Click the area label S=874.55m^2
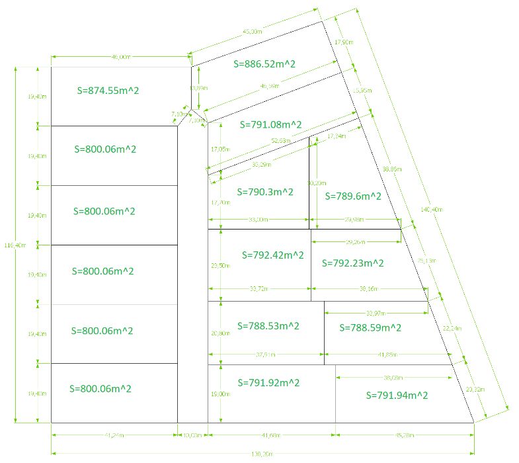[108, 90]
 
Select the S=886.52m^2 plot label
[265, 63]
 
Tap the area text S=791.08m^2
[271, 124]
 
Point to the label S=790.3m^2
[265, 192]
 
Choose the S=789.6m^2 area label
[353, 196]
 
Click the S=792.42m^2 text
[273, 255]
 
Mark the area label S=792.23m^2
[353, 263]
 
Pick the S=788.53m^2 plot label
[269, 325]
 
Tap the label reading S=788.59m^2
[370, 327]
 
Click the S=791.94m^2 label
[397, 395]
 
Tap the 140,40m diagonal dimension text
[431, 210]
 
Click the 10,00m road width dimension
[192, 435]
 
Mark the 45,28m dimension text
[404, 435]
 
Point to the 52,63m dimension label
[281, 141]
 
